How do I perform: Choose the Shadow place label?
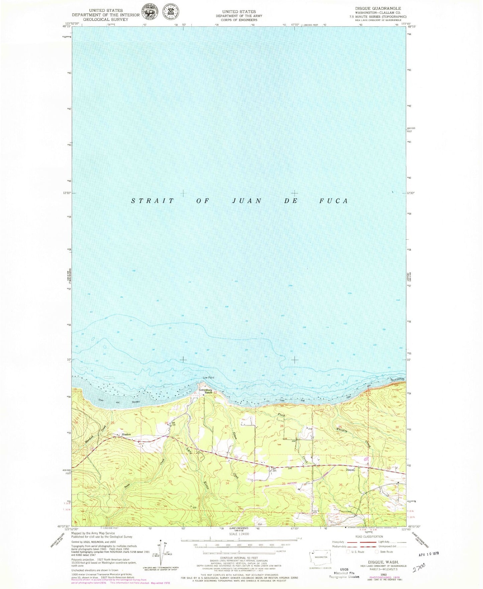click(x=126, y=434)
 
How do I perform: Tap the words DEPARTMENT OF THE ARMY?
click(x=239, y=16)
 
